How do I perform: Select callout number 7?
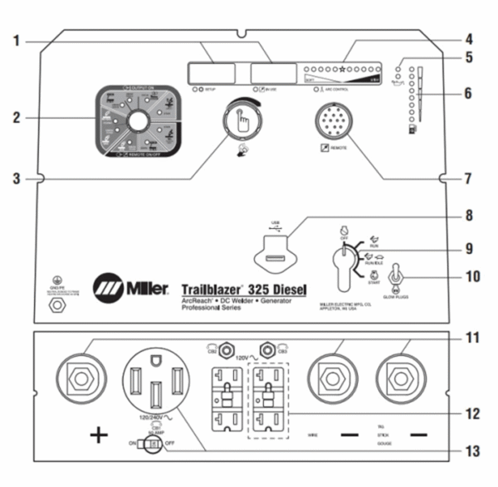click(x=468, y=178)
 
